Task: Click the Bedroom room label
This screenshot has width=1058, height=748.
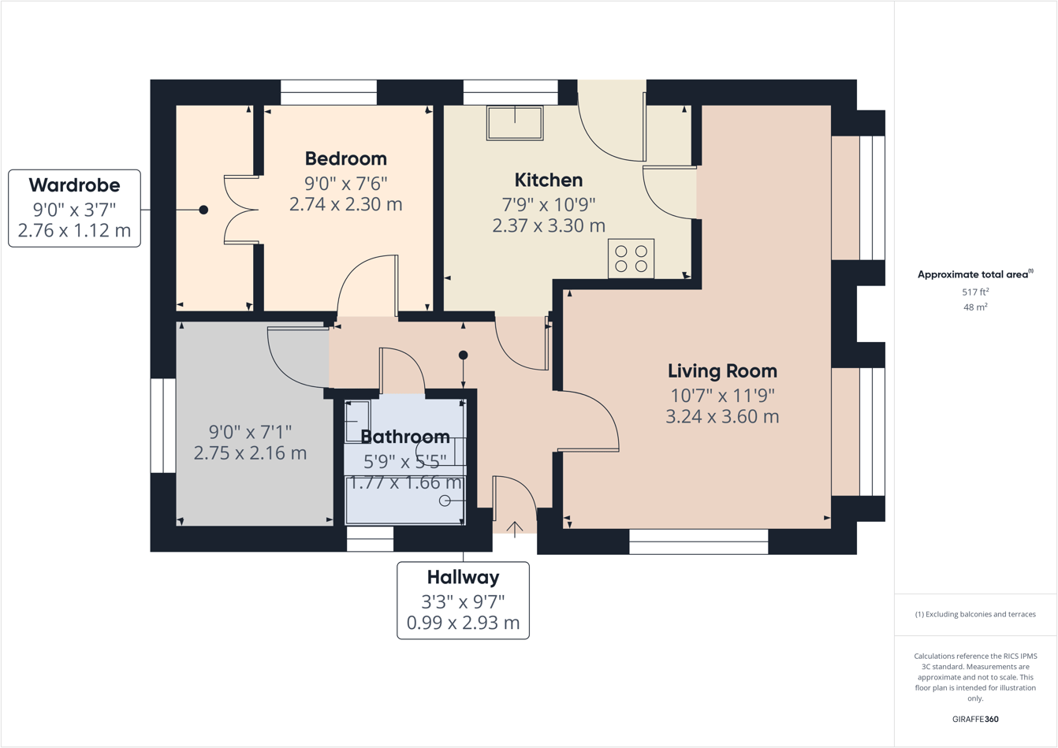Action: coord(345,158)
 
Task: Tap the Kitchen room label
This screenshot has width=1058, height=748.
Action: coord(549,180)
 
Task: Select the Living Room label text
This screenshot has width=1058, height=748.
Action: coord(722,370)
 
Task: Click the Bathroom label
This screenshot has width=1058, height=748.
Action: coord(405,437)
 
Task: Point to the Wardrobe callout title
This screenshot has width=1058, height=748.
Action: coord(74,185)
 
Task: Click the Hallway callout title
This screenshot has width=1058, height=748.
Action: coord(463,577)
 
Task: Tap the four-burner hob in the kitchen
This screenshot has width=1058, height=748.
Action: coord(631,259)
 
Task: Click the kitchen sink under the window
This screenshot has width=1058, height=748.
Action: coord(515,123)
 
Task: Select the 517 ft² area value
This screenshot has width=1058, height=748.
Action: coord(975,292)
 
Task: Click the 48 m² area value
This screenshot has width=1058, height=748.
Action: coord(975,307)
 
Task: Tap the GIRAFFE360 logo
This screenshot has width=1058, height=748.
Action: coord(975,719)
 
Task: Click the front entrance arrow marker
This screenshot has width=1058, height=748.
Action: coord(514,529)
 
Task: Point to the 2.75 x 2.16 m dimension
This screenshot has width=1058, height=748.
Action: coord(250,453)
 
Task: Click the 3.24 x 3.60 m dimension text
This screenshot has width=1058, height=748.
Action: coord(722,417)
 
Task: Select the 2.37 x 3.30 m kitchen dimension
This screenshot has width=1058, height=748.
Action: coord(549,226)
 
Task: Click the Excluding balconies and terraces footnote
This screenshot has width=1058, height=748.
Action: coord(975,614)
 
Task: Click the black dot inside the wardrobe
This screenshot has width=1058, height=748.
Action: coord(203,210)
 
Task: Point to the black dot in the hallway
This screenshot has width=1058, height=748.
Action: coord(463,355)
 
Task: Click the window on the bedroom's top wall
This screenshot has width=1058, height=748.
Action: coord(329,92)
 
